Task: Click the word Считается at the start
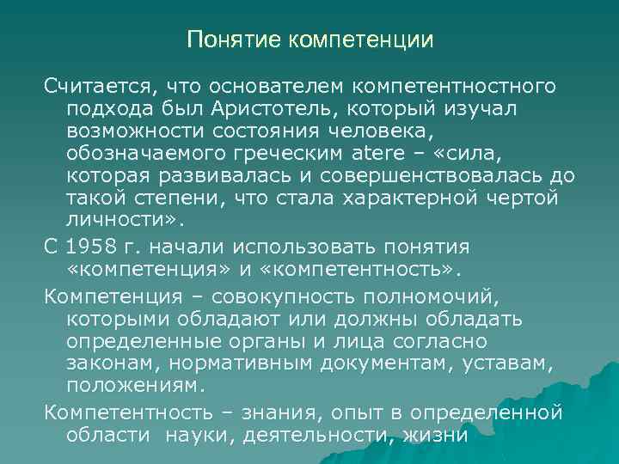[x=97, y=85]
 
